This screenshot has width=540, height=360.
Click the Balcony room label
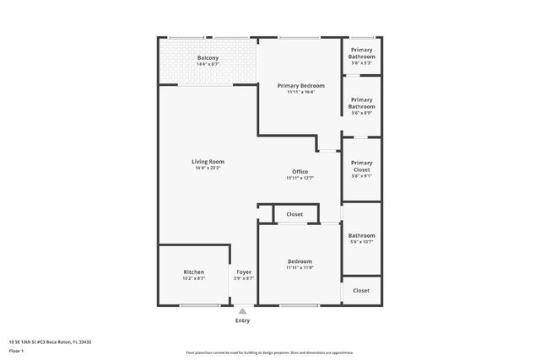[x=208, y=58]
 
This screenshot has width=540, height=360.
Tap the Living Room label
[x=208, y=161]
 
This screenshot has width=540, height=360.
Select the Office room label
[x=300, y=171]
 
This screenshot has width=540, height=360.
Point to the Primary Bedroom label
[x=300, y=85]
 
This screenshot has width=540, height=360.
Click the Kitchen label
[x=194, y=271]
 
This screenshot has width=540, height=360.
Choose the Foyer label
[x=244, y=271]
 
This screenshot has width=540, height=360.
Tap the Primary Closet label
[x=362, y=166]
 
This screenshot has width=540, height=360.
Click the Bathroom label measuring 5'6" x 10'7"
[x=362, y=235]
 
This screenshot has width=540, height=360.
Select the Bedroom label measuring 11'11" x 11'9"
[x=300, y=261]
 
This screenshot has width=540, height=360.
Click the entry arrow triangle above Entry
[x=243, y=311]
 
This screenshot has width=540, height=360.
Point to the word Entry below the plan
[x=243, y=321]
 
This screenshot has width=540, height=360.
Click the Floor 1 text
[x=17, y=350]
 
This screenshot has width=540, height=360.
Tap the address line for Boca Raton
[x=50, y=341]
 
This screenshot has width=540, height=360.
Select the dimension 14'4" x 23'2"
[x=208, y=168]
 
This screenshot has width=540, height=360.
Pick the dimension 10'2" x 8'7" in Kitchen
[x=194, y=278]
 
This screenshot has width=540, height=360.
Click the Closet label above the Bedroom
[x=294, y=214]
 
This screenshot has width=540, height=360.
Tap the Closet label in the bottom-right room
[x=361, y=290]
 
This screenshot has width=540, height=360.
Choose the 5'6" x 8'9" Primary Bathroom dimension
[x=362, y=113]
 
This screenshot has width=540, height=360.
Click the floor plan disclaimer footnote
[x=269, y=352]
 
